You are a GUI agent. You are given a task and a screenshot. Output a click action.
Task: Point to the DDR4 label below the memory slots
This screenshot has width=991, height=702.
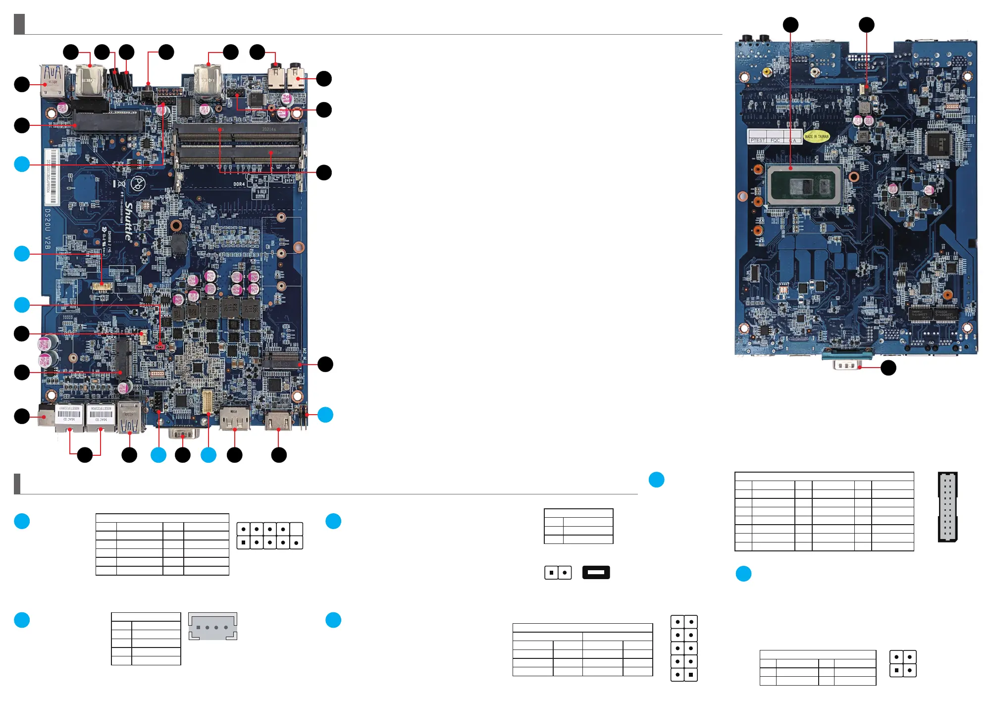pyautogui.click(x=239, y=184)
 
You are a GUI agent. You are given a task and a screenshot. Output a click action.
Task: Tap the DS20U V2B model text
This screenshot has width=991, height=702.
pyautogui.click(x=48, y=228)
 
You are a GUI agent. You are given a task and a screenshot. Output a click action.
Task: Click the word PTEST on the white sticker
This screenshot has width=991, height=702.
pyautogui.click(x=757, y=141)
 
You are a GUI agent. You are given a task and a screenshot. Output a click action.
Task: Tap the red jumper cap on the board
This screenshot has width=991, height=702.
pyautogui.click(x=160, y=347)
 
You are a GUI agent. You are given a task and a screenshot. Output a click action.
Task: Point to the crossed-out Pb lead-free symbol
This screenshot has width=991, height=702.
pyautogui.click(x=138, y=184)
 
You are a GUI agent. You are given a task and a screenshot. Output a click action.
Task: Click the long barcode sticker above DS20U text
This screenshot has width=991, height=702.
pyautogui.click(x=52, y=177)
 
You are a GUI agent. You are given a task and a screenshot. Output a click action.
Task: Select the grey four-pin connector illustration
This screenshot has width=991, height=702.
pyautogui.click(x=212, y=627)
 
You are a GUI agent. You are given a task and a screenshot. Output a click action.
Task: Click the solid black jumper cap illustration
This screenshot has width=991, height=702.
pyautogui.click(x=596, y=572)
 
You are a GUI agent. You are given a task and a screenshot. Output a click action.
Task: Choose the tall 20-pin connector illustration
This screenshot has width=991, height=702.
pyautogui.click(x=947, y=507)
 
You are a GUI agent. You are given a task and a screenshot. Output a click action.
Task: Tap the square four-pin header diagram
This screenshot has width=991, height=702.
pyautogui.click(x=903, y=664)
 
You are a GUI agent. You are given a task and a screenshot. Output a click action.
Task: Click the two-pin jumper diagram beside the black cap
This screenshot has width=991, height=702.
pyautogui.click(x=558, y=573)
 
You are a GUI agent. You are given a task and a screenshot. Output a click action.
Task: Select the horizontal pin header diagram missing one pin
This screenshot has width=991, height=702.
pyautogui.click(x=269, y=536)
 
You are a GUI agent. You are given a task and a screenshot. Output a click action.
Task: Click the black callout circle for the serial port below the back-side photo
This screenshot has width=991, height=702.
pyautogui.click(x=888, y=368)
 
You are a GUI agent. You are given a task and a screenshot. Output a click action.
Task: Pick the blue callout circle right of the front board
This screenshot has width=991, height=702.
pyautogui.click(x=325, y=415)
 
